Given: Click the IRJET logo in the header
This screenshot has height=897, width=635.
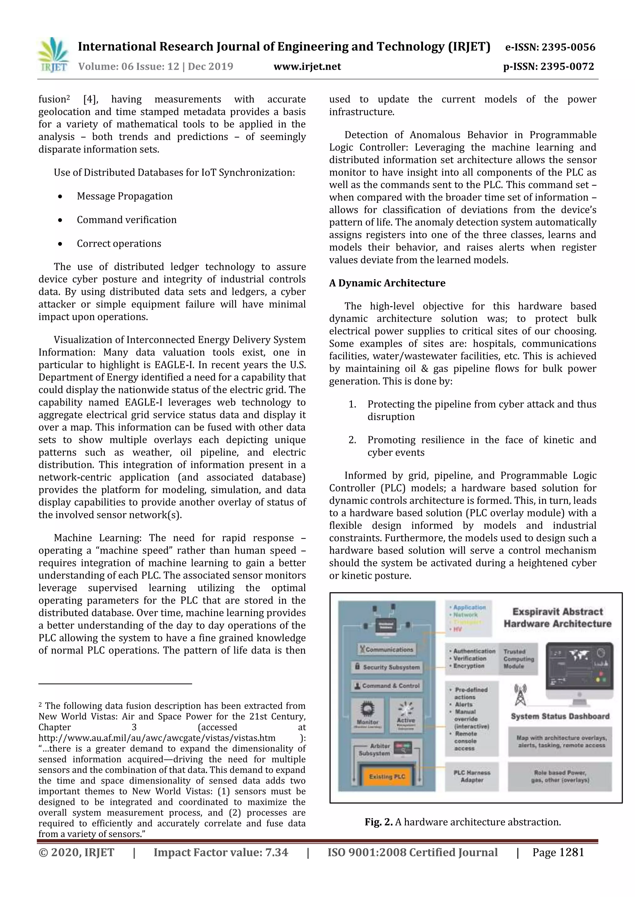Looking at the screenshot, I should (54, 55).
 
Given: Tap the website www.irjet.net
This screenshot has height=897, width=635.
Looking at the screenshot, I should (307, 67).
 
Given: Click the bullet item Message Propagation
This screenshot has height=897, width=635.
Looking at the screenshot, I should (124, 196).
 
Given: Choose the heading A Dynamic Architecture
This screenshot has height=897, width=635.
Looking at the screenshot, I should (387, 283).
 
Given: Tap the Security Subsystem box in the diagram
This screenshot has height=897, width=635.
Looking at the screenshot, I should (387, 667).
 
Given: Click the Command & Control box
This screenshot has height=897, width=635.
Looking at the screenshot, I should (387, 686).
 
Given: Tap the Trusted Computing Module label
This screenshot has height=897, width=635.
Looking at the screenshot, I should (518, 659).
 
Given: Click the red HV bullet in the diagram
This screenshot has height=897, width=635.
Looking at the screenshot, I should (456, 629).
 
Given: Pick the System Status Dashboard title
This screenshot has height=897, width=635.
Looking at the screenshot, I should (560, 716).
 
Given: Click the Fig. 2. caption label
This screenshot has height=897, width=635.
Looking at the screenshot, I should (379, 822).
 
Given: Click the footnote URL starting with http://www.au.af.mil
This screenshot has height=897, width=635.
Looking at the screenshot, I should (157, 738).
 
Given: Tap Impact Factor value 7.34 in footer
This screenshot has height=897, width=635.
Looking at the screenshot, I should (220, 852).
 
